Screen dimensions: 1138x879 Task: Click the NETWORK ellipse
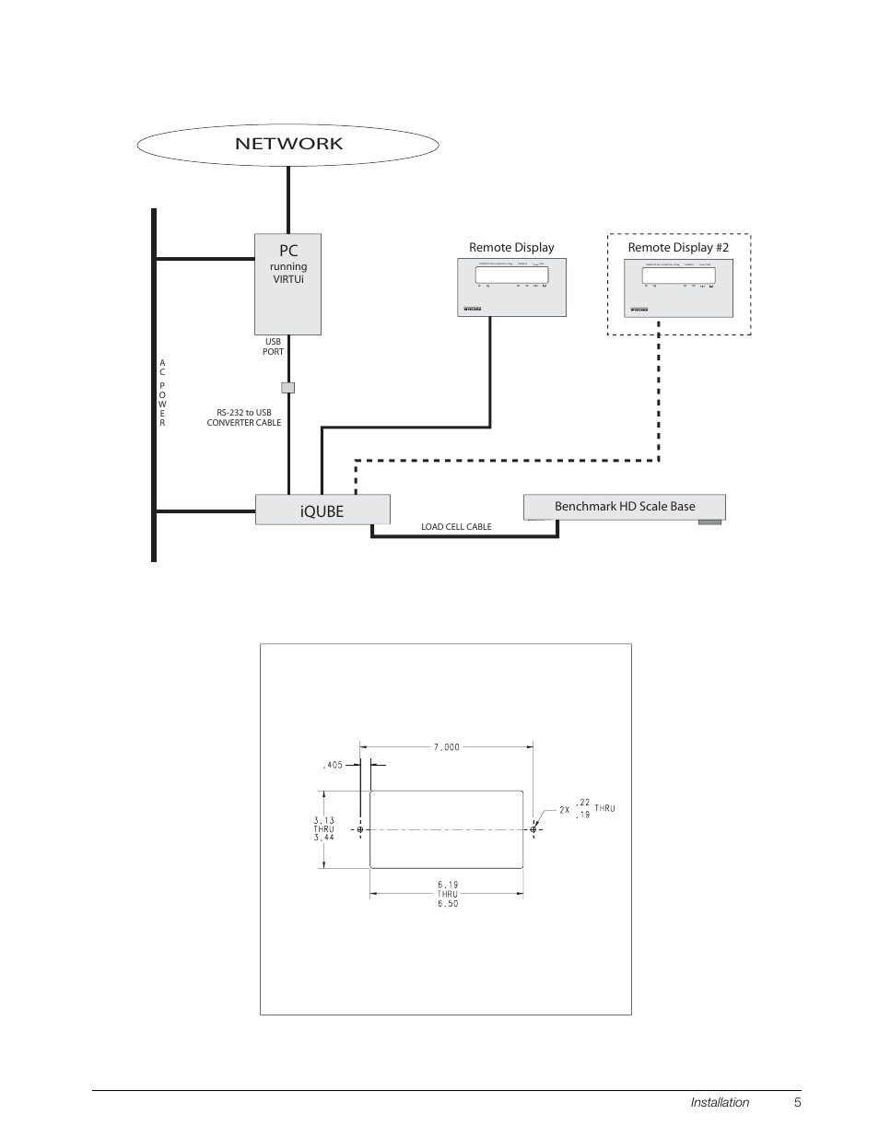click(x=287, y=144)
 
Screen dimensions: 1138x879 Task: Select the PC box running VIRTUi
click(x=287, y=284)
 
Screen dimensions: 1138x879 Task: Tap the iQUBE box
click(x=322, y=510)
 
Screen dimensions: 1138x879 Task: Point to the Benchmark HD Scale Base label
click(x=624, y=506)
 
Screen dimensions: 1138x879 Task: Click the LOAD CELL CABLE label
click(x=456, y=527)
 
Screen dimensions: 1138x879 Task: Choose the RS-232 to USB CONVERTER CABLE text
click(x=244, y=417)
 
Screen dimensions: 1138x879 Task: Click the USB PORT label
click(x=274, y=346)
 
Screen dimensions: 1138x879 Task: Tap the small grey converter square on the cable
click(x=287, y=387)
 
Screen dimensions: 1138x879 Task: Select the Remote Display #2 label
click(x=678, y=247)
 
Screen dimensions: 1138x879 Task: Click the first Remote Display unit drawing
click(x=511, y=287)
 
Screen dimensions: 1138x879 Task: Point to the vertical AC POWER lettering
click(x=162, y=393)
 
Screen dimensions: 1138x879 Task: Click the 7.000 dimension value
click(x=446, y=747)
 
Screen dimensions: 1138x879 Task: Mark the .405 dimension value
click(x=333, y=764)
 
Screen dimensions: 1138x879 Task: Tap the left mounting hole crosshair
click(x=360, y=829)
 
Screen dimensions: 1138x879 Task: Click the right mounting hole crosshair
click(x=533, y=829)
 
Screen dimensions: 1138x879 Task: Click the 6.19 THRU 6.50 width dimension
click(x=447, y=894)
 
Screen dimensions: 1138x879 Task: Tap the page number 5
click(x=798, y=1102)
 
